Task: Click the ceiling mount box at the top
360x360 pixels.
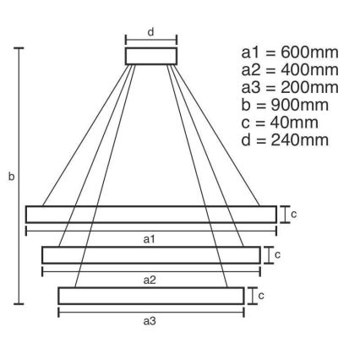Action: pyautogui.click(x=151, y=56)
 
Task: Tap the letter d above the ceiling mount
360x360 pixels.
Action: pyautogui.click(x=151, y=33)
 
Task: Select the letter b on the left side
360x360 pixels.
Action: pyautogui.click(x=9, y=177)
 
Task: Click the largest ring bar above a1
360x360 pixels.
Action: pyautogui.click(x=151, y=214)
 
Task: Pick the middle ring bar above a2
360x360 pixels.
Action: pyautogui.click(x=151, y=254)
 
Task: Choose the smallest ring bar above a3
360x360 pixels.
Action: pyautogui.click(x=151, y=295)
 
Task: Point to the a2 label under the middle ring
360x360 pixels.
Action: pyautogui.click(x=150, y=279)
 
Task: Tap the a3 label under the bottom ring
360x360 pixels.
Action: pyautogui.click(x=150, y=320)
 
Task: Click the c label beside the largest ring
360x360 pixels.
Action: pyautogui.click(x=293, y=214)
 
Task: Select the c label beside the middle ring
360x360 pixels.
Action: pyautogui.click(x=277, y=254)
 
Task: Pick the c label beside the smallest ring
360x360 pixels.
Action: pyautogui.click(x=261, y=295)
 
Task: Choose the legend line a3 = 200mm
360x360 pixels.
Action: pyautogui.click(x=290, y=87)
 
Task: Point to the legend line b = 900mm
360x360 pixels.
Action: pyautogui.click(x=285, y=105)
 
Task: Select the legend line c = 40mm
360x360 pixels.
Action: pyautogui.click(x=281, y=123)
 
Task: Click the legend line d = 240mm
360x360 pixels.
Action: pyautogui.click(x=285, y=140)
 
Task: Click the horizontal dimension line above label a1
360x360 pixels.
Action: pyautogui.click(x=151, y=230)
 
